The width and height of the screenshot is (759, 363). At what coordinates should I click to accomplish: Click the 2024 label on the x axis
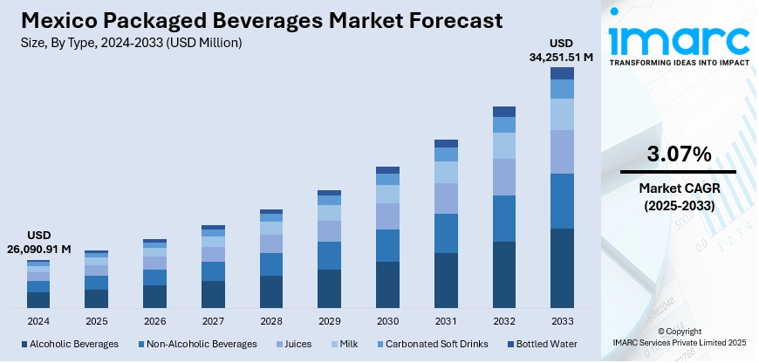coord(38,321)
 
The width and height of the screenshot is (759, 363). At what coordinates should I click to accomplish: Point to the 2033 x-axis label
coord(562,321)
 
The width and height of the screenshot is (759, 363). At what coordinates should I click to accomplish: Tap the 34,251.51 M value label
coord(562,58)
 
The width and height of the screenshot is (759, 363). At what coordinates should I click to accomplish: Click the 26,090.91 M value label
coord(38,250)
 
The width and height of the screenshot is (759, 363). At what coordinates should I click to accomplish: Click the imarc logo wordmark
coord(678,39)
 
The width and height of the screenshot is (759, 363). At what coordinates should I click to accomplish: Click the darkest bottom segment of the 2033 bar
coord(562,268)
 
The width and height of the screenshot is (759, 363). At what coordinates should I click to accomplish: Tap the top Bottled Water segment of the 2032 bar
coord(503,112)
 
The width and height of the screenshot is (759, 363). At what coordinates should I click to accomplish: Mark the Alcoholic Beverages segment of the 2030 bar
coord(387,284)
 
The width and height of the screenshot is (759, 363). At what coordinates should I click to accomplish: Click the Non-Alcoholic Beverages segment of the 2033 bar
coord(562,201)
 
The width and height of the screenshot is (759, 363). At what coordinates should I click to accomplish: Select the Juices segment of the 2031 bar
coord(446,198)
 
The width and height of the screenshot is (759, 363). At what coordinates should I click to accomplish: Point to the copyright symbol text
coord(678,332)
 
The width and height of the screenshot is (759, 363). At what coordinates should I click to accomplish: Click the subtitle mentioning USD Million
coord(130,42)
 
